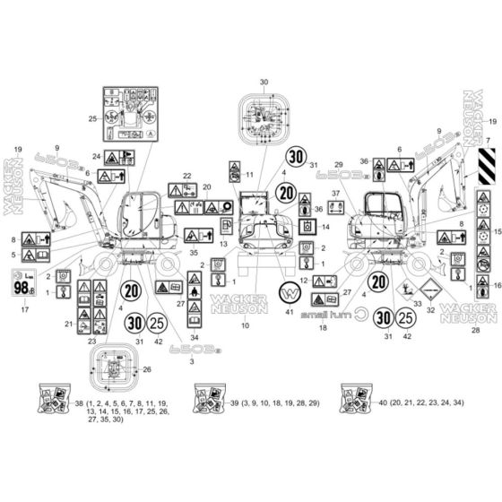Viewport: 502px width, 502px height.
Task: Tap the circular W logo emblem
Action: (x=290, y=294)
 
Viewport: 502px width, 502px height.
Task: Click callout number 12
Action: (x=304, y=280)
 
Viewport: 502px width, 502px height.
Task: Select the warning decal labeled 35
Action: (x=194, y=235)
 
